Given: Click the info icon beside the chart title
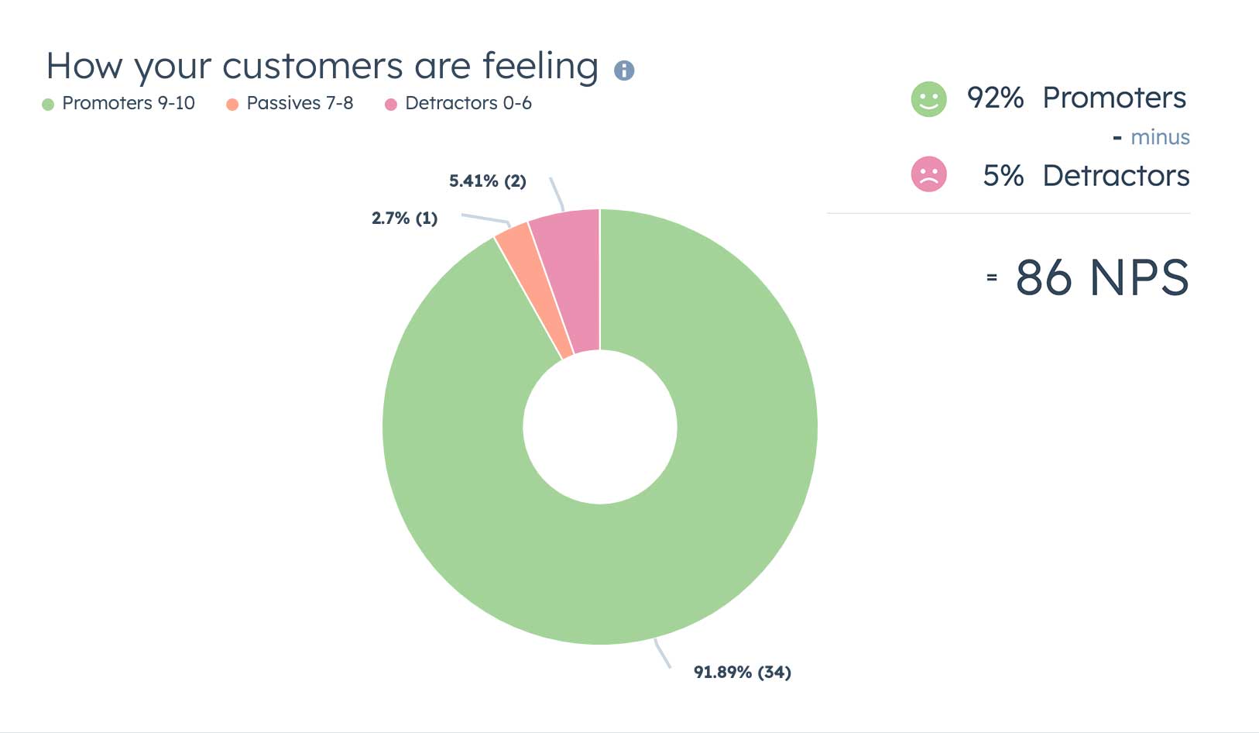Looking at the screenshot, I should [624, 71].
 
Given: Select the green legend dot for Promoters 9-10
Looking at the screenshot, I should [48, 105].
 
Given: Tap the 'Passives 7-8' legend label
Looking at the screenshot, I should [300, 103].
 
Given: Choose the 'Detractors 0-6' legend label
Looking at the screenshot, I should [468, 103].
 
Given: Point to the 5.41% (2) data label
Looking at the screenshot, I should [488, 181].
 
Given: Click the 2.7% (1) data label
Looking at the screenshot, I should [404, 219].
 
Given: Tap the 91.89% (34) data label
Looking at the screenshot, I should [742, 673].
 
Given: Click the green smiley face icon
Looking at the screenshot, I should [928, 99].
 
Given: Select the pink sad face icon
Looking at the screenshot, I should [928, 174].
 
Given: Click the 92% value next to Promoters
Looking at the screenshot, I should [995, 98].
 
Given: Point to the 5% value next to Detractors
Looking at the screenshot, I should [1003, 176].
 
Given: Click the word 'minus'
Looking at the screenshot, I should [1159, 137].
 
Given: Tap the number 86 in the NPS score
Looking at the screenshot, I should [1043, 277].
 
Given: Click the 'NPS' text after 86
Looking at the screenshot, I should [1138, 277].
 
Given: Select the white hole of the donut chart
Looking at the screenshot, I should [600, 427].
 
